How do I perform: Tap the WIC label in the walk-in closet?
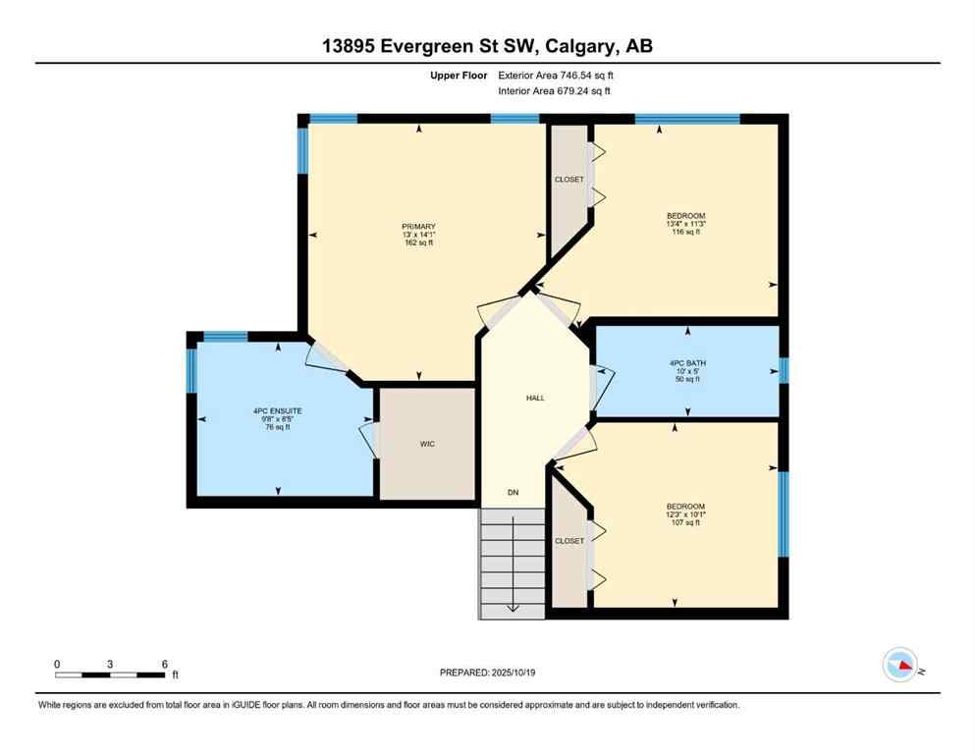click(x=427, y=444)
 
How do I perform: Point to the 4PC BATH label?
click(x=687, y=363)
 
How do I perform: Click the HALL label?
click(x=535, y=398)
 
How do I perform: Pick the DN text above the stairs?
click(x=512, y=492)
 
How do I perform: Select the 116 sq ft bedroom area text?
click(x=686, y=233)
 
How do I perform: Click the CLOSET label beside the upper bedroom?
click(x=569, y=180)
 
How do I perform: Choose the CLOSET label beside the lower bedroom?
click(x=569, y=541)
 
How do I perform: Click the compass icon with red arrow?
click(x=899, y=666)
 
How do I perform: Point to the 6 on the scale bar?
click(x=164, y=664)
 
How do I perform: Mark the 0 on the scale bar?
click(x=57, y=664)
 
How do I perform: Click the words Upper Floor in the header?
click(x=460, y=75)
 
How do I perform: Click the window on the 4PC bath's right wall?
click(x=784, y=370)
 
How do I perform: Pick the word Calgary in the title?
click(x=574, y=46)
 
